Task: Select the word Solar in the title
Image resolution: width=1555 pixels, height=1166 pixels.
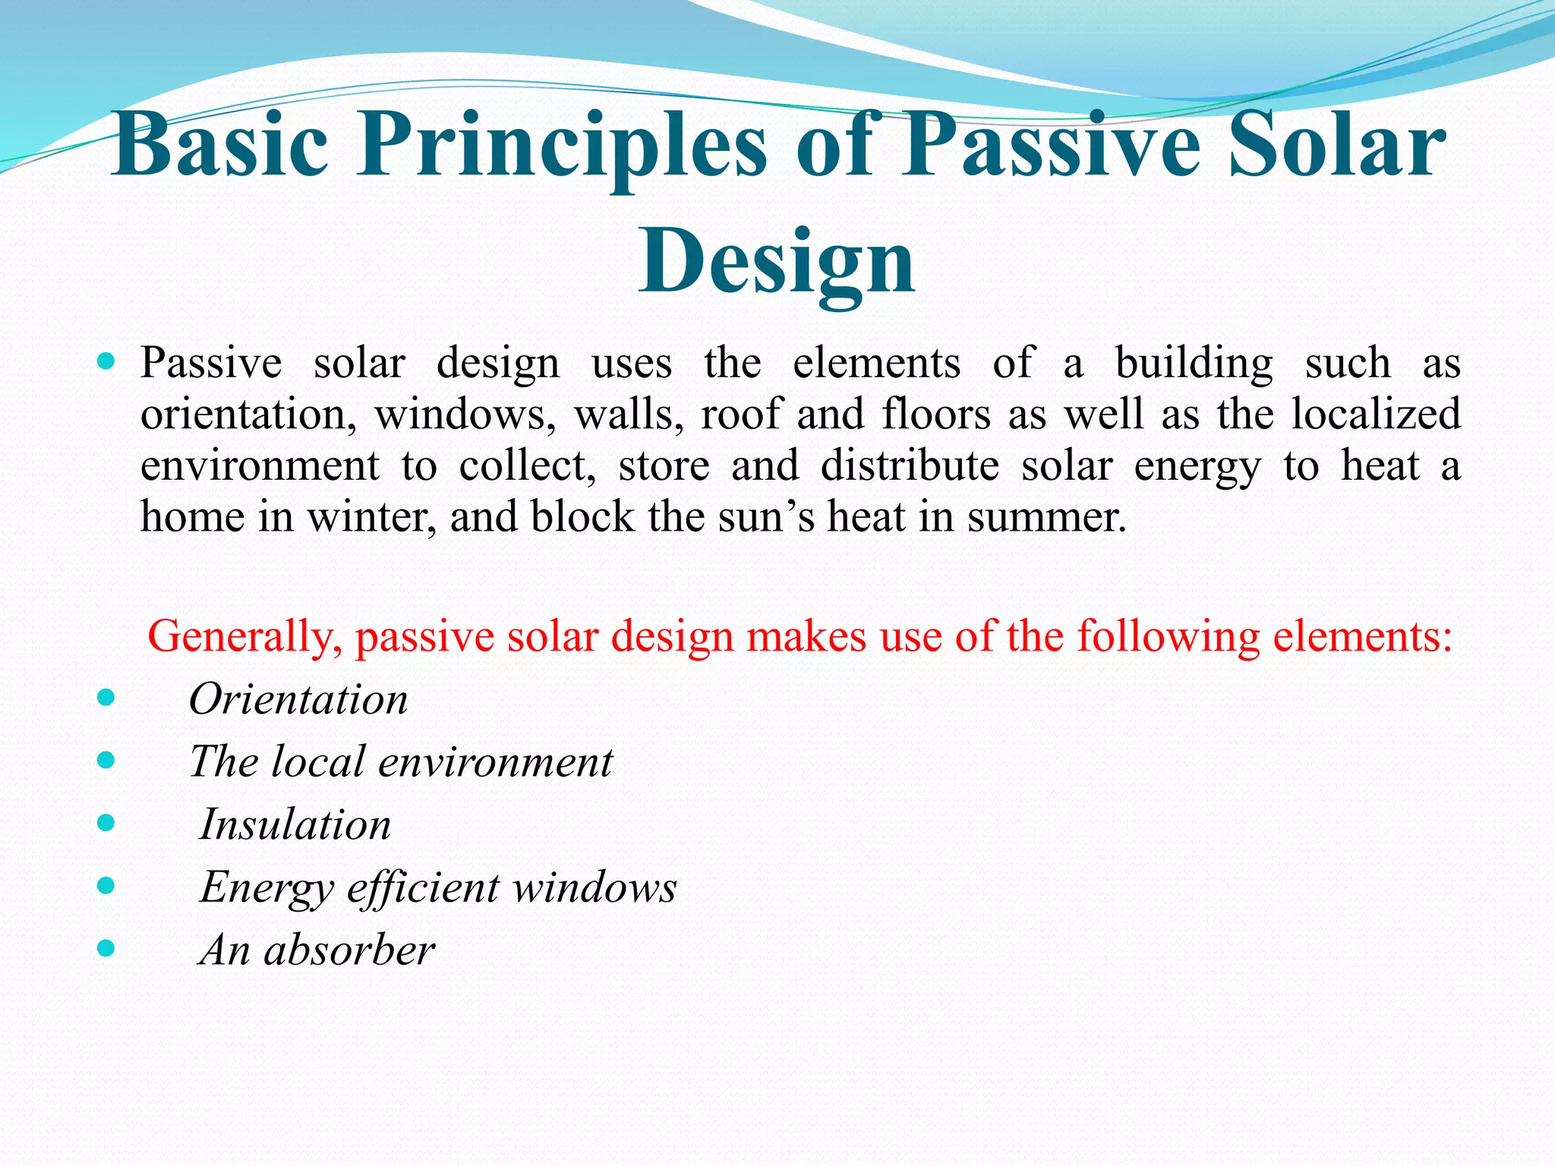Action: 1336,146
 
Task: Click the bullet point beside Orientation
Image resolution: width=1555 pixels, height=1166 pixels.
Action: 106,698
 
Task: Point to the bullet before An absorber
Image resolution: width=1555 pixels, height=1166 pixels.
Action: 106,948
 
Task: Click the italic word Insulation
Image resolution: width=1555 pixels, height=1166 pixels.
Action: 295,824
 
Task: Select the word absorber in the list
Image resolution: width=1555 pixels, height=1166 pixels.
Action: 349,950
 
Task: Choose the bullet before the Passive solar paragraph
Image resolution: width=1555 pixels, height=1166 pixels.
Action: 106,361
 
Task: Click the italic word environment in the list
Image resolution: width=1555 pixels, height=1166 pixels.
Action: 495,762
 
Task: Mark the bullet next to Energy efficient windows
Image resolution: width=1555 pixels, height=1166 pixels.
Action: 106,885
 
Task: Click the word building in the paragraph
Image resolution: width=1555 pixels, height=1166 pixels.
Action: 1194,364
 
